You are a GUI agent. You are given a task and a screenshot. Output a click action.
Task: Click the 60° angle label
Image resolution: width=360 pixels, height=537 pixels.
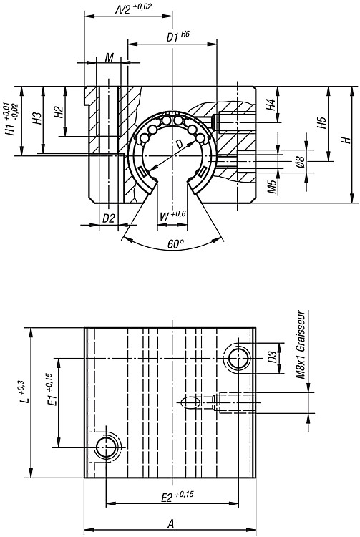click(175, 244)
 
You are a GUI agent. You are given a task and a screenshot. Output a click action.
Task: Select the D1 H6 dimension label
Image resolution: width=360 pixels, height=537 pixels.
click(178, 37)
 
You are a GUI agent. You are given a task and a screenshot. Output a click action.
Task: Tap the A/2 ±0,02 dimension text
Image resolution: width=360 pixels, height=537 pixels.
click(133, 9)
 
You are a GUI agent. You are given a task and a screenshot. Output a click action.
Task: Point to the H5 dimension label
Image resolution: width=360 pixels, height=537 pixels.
click(321, 122)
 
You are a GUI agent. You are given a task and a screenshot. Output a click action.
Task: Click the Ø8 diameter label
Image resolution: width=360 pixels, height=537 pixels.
click(300, 161)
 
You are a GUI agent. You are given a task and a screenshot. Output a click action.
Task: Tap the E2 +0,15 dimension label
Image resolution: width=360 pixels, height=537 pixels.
click(177, 496)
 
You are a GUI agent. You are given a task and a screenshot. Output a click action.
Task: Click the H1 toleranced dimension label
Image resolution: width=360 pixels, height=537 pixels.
click(11, 119)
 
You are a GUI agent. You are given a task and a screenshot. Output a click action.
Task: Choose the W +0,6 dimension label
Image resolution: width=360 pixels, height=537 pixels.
click(172, 216)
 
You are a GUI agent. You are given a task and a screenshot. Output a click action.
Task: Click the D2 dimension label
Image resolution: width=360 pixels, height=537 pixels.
click(109, 218)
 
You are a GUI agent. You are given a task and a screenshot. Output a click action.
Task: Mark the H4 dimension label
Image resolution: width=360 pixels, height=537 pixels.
click(271, 104)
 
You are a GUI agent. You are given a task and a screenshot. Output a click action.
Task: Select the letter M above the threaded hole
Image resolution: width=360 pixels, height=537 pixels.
click(110, 57)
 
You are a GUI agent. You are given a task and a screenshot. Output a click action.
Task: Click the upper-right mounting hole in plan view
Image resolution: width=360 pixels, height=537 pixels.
click(238, 359)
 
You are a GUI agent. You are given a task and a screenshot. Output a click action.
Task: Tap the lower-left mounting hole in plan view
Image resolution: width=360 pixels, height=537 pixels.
click(107, 447)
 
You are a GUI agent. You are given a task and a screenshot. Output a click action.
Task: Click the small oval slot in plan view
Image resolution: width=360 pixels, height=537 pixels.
click(190, 402)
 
